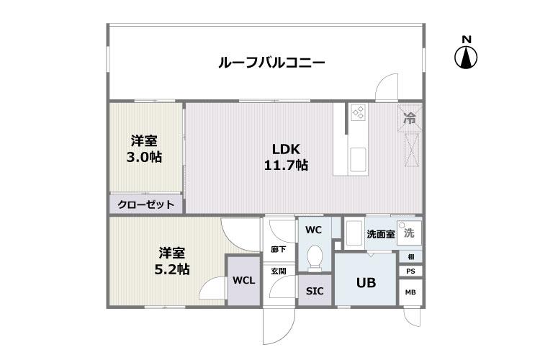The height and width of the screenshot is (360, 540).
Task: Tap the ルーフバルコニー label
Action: tap(271, 63)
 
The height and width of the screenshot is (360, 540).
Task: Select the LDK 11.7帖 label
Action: tap(286, 157)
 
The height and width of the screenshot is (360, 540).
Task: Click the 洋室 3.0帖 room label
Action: tap(144, 149)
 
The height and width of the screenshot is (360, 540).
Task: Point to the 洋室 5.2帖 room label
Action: tap(172, 261)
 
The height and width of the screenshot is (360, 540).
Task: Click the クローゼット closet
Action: tap(146, 204)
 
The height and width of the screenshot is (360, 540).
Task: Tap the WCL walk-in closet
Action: tap(243, 280)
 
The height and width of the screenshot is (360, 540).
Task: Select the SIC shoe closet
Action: tap(315, 290)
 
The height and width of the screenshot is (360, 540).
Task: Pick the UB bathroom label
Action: tap(366, 283)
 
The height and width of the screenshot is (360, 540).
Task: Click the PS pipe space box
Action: tap(410, 271)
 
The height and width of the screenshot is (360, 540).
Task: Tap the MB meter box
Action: tap(410, 292)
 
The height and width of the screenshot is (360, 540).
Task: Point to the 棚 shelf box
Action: tap(411, 256)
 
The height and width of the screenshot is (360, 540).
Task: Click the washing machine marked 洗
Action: tap(409, 233)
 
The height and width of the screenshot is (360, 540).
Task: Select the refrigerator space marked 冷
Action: tap(410, 118)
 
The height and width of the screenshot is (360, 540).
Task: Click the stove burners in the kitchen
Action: tap(358, 112)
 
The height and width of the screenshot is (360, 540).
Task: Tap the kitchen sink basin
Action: tap(358, 160)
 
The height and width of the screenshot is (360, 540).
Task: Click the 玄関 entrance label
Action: tap(278, 271)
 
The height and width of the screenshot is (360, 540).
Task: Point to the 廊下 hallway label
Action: tap(278, 248)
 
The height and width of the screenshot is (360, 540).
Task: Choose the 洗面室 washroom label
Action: tap(381, 234)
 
